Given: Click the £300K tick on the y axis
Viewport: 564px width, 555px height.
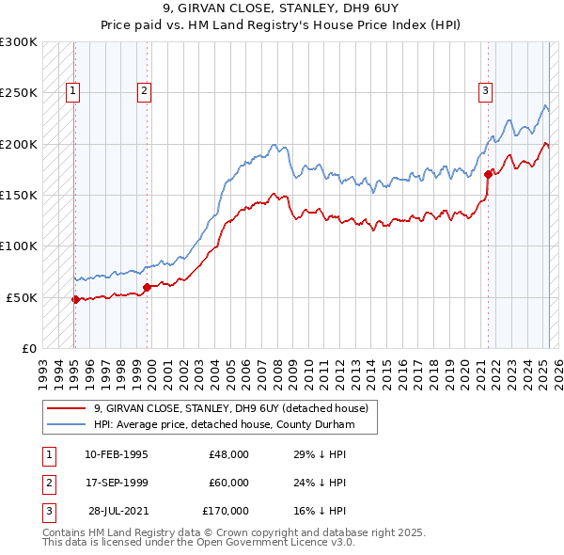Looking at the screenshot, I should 19,42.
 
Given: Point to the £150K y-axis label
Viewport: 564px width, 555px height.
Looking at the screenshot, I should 19,195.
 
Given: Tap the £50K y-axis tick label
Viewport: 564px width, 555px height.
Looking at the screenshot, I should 22,297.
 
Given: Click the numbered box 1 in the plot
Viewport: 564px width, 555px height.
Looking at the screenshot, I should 73,91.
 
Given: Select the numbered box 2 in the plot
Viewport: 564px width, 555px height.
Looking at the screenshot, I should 144,91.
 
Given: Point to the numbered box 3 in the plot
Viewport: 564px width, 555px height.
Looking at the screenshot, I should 485,91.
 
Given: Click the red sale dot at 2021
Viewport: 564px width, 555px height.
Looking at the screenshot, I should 488,174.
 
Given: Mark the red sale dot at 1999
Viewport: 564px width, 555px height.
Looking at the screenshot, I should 147,287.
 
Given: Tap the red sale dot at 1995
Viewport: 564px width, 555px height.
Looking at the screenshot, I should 75,299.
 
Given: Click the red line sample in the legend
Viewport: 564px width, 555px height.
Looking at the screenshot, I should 68,408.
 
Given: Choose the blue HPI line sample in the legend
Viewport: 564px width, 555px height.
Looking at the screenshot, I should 68,424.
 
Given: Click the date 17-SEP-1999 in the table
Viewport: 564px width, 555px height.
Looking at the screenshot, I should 116,483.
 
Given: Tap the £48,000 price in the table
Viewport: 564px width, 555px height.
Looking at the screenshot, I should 228,454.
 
